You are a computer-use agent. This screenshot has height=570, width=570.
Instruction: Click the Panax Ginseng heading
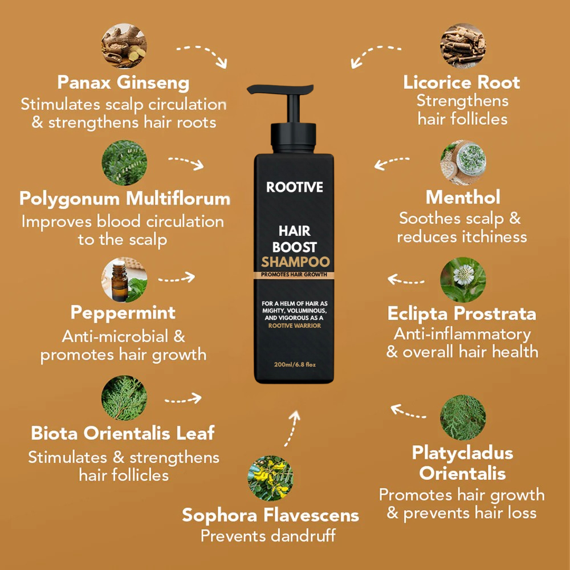[x=123, y=83]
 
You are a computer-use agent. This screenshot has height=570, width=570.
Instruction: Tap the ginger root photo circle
[x=124, y=46]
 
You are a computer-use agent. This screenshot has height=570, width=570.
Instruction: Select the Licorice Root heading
[x=462, y=83]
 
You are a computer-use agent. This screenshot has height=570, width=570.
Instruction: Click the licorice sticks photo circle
[x=463, y=46]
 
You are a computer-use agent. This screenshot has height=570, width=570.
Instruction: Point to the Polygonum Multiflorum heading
[x=125, y=199]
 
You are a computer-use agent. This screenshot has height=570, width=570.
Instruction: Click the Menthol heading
[x=463, y=197]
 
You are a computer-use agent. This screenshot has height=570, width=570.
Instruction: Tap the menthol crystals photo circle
[x=463, y=163]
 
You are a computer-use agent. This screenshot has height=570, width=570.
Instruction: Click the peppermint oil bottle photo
[x=124, y=280]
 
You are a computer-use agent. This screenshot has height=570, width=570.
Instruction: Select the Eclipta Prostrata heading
[x=462, y=313]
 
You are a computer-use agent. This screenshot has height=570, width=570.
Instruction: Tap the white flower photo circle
[x=463, y=280]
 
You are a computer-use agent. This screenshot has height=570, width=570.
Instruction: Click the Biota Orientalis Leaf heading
[x=123, y=433]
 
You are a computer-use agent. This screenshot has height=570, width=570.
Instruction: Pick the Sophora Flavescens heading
[x=270, y=515]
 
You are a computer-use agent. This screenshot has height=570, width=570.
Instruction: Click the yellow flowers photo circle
[x=270, y=478]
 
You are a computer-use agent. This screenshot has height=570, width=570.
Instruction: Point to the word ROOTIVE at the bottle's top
[x=295, y=187]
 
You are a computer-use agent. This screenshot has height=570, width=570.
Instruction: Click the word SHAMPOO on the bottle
[x=295, y=262]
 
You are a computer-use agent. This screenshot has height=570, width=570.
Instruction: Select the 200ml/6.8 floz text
[x=295, y=365]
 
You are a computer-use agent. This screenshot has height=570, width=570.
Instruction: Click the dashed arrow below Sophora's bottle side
[x=292, y=429]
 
